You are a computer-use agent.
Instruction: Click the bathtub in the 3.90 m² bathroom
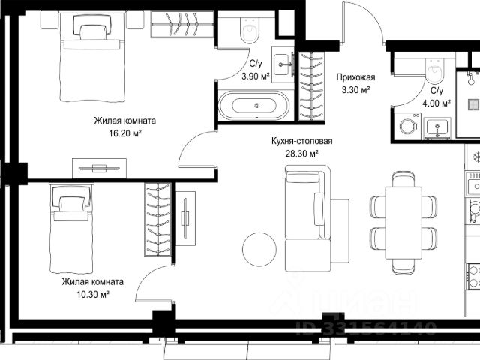(253, 105)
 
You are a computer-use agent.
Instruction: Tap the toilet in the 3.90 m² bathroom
(250, 30)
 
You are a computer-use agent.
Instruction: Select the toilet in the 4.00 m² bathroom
(434, 71)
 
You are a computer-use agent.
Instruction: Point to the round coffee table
(259, 249)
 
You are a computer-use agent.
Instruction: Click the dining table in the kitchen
(403, 223)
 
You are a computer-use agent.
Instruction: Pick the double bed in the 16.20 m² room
(93, 57)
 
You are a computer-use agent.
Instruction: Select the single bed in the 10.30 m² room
(72, 228)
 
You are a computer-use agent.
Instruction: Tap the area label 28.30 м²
(301, 154)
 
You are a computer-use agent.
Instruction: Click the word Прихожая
(355, 77)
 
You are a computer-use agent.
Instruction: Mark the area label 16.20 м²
(125, 133)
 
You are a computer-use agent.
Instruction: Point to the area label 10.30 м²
(93, 295)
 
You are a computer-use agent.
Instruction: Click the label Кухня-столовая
(302, 141)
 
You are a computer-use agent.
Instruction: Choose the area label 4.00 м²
(436, 103)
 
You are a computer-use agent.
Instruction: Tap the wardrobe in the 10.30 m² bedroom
(157, 219)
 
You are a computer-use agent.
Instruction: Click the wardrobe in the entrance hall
(311, 86)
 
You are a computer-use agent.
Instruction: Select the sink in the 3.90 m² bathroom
(283, 64)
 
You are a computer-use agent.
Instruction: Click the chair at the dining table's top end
(403, 178)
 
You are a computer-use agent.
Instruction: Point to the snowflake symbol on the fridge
(476, 157)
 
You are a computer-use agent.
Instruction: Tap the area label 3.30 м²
(355, 90)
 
